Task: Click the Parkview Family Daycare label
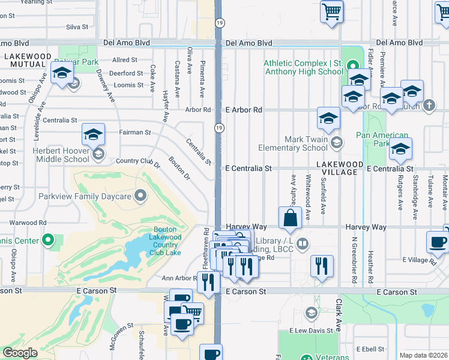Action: coord(92,196)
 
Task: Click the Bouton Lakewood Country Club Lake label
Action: coord(165,241)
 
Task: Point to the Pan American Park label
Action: coord(382,139)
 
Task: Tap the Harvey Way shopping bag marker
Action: coord(290,218)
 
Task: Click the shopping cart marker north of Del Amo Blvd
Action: coord(331,12)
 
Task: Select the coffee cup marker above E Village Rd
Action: coord(438,243)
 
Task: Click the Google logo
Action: coord(20,353)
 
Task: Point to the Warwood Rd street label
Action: coord(28,223)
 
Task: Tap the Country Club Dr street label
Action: coord(138,161)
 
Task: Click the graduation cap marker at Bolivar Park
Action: coord(62,74)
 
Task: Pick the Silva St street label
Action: coord(77,27)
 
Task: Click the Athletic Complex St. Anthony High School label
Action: coord(304,67)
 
